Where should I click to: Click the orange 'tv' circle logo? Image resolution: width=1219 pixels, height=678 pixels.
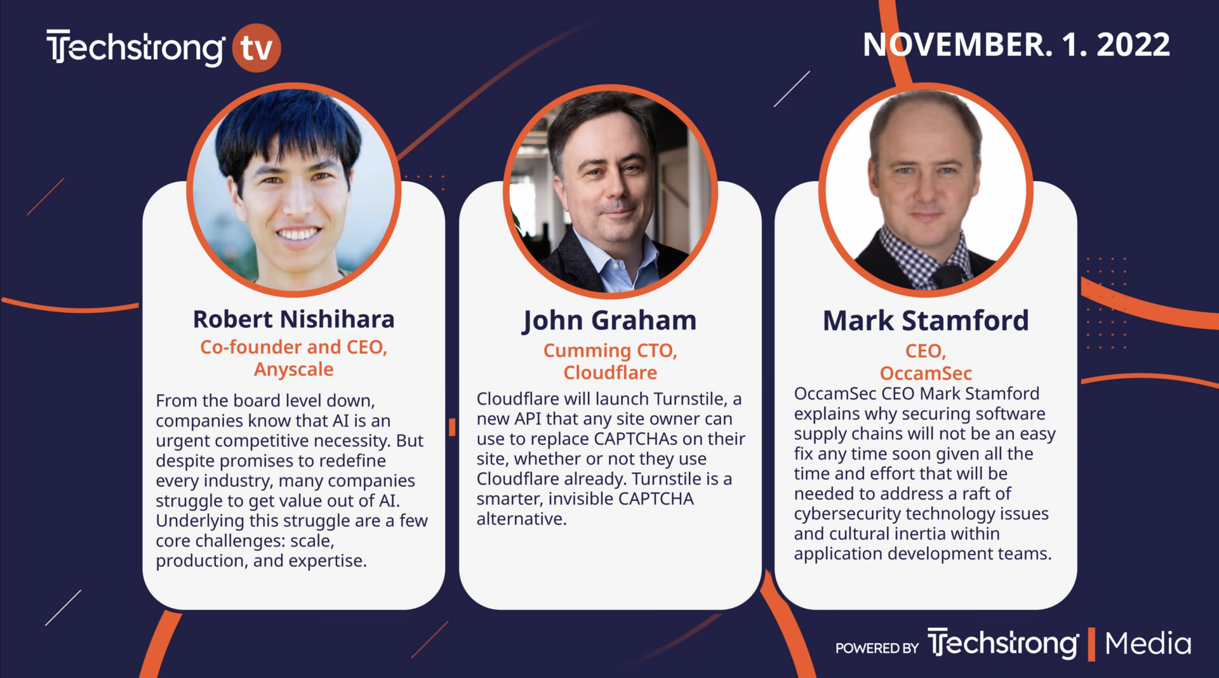(x=256, y=48)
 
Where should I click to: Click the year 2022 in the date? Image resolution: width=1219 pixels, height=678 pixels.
(x=1133, y=44)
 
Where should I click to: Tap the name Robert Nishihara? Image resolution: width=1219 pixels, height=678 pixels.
(x=293, y=319)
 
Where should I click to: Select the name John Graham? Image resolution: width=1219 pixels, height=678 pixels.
(x=609, y=321)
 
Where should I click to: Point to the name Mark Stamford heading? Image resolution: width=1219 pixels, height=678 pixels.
(x=926, y=321)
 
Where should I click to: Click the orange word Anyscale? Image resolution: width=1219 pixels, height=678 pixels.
(x=293, y=369)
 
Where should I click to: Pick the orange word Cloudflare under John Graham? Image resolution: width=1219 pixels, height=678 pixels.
(x=610, y=373)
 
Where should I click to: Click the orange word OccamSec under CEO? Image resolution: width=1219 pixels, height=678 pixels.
(x=926, y=373)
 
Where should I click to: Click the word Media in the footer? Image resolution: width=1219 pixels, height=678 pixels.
(x=1148, y=644)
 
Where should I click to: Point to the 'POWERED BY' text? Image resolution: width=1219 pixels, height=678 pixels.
(x=877, y=648)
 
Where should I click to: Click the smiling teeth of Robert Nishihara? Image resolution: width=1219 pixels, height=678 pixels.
(x=298, y=234)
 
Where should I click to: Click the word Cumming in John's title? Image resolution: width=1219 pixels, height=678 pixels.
(x=587, y=351)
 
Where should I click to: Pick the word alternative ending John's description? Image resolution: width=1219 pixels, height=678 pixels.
(x=521, y=519)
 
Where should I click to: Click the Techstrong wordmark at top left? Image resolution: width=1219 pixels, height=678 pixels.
(x=135, y=48)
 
